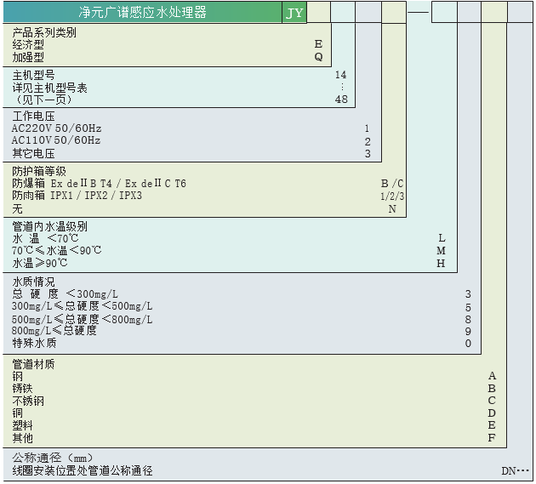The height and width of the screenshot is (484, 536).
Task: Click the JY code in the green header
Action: coord(294,14)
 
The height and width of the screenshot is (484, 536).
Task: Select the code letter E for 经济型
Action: coord(318,43)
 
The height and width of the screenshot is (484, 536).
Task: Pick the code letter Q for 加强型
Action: coord(318,57)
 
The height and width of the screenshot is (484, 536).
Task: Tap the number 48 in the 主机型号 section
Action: coord(341,100)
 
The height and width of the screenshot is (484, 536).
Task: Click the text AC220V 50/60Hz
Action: coord(56,128)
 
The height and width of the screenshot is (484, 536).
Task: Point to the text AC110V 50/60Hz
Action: coord(56,140)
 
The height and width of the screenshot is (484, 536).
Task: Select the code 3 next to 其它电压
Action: coord(368,154)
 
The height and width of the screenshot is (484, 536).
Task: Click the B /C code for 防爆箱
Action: coord(392,184)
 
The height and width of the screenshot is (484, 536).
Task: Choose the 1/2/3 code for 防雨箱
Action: coord(392,196)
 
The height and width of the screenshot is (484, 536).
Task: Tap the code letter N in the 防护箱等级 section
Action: coord(392,208)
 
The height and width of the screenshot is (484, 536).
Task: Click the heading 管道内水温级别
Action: coord(49,226)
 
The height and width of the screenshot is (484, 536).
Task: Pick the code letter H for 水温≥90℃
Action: coord(441,263)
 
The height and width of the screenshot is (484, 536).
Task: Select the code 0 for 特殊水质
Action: coord(468,344)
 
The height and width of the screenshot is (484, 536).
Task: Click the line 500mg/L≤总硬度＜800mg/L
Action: coord(82,319)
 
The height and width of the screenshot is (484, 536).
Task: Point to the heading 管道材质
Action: coord(33,364)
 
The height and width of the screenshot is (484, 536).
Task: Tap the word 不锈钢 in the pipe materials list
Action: coord(27,401)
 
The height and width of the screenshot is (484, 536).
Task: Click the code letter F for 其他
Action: coord(492,438)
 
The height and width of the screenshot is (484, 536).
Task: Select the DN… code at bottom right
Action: coord(515,470)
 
